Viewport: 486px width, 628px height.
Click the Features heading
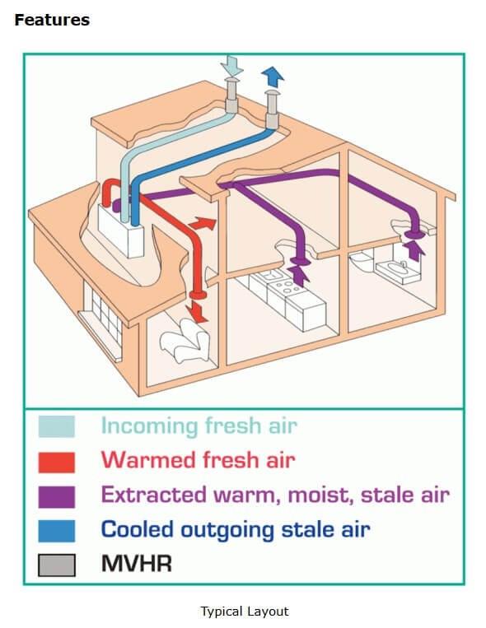(x=52, y=20)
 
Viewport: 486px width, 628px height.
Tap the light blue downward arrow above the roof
(x=231, y=65)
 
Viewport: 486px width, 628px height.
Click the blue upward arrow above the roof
(x=273, y=77)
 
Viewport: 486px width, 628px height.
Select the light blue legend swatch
(x=57, y=426)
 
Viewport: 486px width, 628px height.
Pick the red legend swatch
(x=57, y=463)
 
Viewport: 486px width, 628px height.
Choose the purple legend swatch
(x=57, y=496)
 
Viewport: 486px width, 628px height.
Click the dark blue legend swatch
(x=57, y=531)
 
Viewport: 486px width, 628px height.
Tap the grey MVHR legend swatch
(x=57, y=565)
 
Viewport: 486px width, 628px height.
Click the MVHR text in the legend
(x=137, y=563)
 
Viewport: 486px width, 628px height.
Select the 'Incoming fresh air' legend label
(x=199, y=426)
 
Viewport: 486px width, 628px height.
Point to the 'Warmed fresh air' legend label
(x=198, y=460)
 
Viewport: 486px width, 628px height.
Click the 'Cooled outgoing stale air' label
(x=236, y=529)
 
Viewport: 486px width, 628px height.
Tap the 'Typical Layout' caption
(x=245, y=612)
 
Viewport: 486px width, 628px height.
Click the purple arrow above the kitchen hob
(x=298, y=276)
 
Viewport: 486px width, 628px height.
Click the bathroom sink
(x=397, y=271)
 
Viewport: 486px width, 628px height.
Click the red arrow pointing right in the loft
(x=203, y=223)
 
